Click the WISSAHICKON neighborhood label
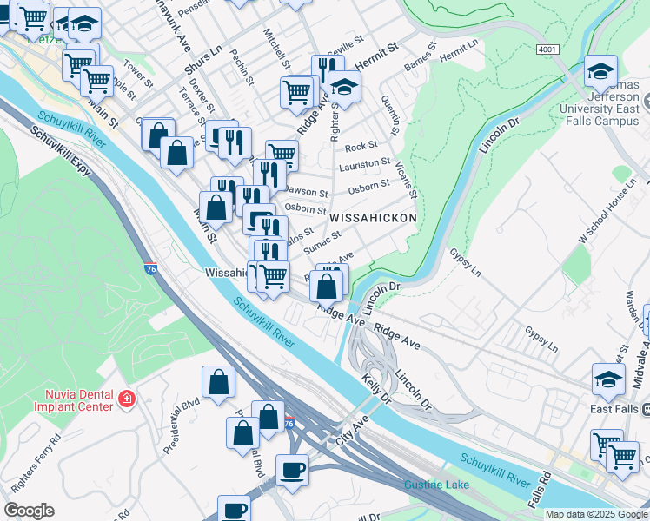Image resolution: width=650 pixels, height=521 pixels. pyautogui.click(x=372, y=217)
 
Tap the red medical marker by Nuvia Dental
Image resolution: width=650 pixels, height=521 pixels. pyautogui.click(x=127, y=399)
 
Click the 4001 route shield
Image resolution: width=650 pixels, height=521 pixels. pyautogui.click(x=547, y=50)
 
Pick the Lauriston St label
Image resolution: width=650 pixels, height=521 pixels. pyautogui.click(x=367, y=163)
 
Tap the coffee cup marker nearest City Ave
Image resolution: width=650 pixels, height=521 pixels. pyautogui.click(x=291, y=470)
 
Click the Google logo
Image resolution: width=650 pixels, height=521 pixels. pyautogui.click(x=29, y=511)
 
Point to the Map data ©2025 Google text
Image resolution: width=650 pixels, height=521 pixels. pyautogui.click(x=595, y=514)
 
